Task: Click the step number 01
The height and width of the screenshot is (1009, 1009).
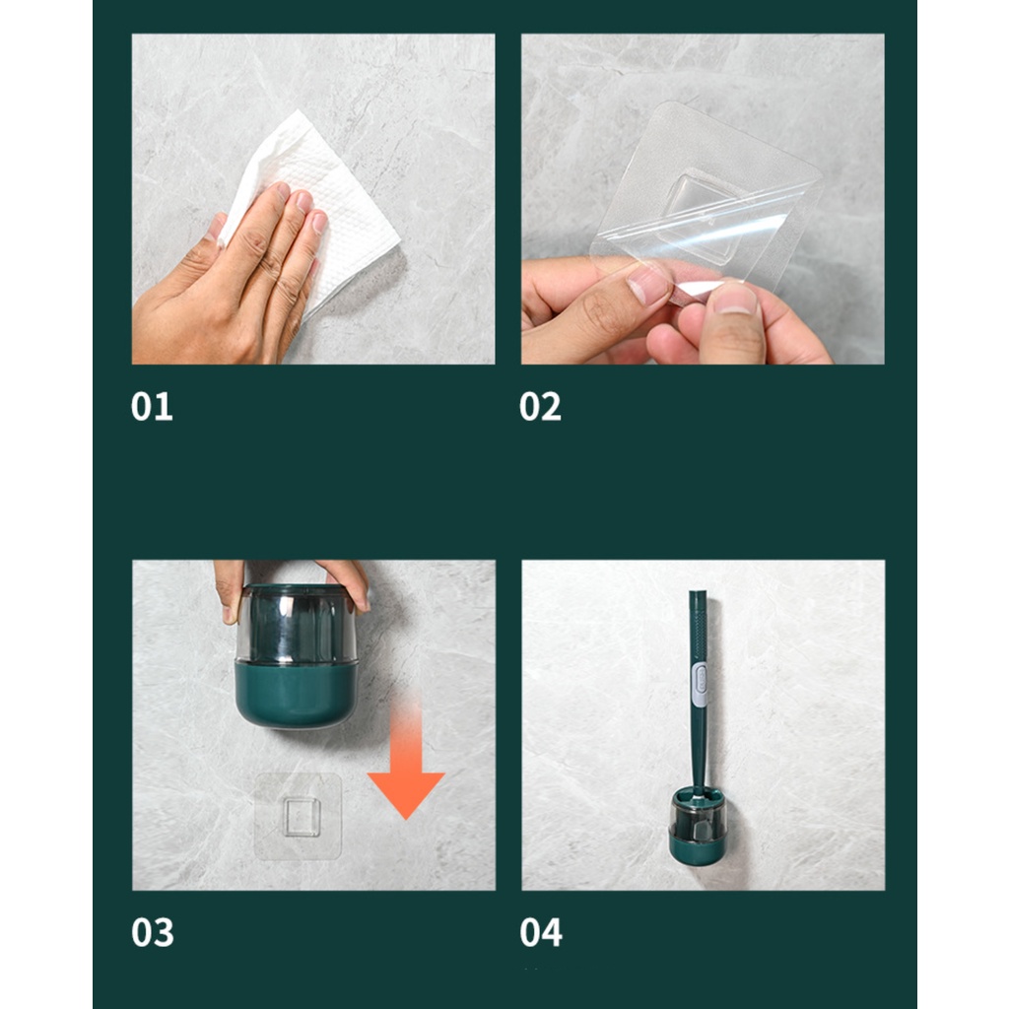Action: tap(152, 407)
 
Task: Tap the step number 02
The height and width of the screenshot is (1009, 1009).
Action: tap(541, 407)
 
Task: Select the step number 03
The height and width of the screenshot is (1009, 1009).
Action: tap(153, 932)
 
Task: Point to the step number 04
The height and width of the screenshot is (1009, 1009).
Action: tap(541, 932)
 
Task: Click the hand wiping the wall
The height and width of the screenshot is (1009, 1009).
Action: tap(232, 283)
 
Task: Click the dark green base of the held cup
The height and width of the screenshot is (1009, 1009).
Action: tap(296, 695)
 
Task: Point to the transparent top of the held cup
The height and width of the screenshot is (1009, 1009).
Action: tap(296, 623)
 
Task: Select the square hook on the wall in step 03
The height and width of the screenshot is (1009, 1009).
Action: tap(301, 817)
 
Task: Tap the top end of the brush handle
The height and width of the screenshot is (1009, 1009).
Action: tap(699, 592)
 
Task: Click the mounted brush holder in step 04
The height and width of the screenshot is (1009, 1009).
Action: tap(698, 827)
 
